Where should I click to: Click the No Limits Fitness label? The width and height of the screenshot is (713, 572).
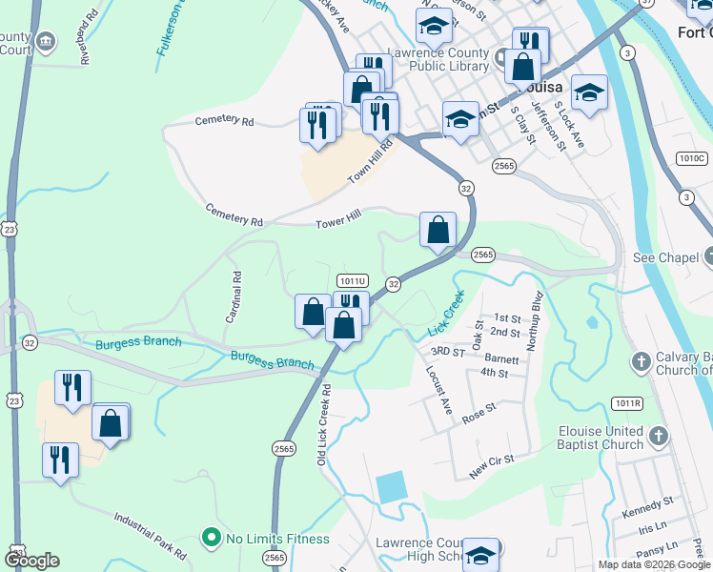click(277, 539)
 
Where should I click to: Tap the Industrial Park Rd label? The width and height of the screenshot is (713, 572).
click(150, 535)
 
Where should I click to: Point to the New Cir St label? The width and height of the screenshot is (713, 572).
click(492, 465)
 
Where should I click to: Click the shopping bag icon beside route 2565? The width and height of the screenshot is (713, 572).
click(438, 230)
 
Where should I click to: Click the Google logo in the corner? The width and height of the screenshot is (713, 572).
click(31, 561)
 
